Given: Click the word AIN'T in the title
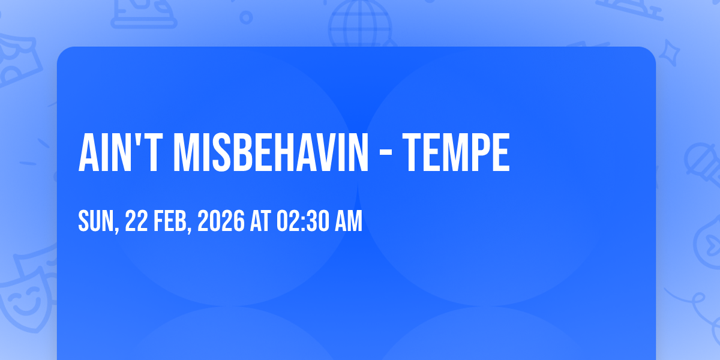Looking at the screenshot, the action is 121,152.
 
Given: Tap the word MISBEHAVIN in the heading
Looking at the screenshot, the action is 271,152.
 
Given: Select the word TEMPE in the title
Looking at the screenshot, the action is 456,152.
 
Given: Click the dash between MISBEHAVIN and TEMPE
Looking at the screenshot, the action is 385,155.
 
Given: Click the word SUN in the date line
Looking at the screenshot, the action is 96,221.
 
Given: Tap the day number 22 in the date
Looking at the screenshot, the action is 136,221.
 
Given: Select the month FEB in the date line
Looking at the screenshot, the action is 170,221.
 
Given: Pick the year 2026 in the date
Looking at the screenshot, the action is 221,221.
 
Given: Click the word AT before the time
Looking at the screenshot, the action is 260,221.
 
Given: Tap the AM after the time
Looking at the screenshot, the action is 349,221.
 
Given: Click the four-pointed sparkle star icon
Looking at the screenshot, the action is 669,53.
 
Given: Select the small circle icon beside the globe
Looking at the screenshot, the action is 246,17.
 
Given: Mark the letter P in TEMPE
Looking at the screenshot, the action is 480,152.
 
